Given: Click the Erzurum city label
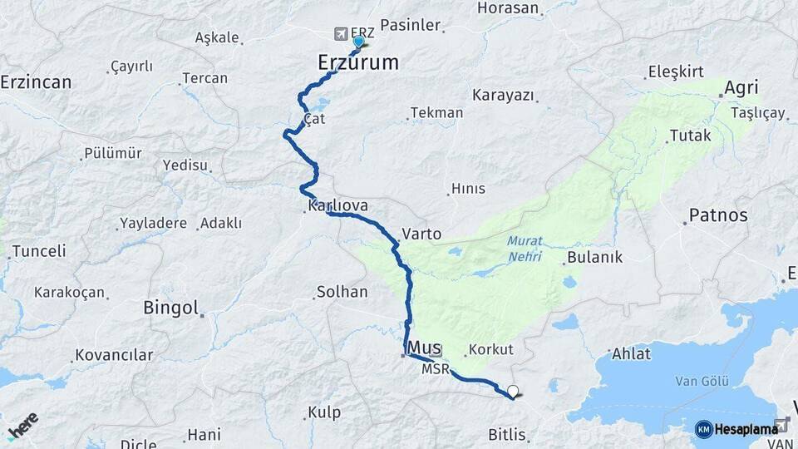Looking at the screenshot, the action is pos(358,62).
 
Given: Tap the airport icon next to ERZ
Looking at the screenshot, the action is pos(340,33).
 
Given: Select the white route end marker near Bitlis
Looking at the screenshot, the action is pos(512,392).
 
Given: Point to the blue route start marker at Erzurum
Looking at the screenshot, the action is pos(358,42).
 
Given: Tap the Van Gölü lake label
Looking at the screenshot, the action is pos(702,382).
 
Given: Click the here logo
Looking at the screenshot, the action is pos(22,426).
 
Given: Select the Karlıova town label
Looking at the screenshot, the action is pos(337,205).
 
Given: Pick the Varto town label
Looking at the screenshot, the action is pos(421,234).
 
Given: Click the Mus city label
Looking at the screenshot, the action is pos(425,348).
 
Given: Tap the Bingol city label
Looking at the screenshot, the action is pos(170,308).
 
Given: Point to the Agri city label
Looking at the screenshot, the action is pos(741,88).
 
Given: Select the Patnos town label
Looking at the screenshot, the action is pos(718,215).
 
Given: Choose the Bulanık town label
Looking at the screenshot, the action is pos(594,258).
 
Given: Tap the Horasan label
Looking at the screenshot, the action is pos(510,8).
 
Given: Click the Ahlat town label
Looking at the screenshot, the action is pos(631,353).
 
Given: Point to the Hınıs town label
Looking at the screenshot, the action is pos(468,189).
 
